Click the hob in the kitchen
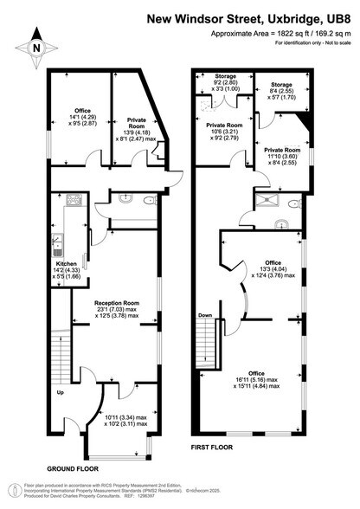click(x=74, y=204)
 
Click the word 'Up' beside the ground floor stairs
click(x=60, y=394)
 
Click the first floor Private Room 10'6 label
click(x=222, y=133)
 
